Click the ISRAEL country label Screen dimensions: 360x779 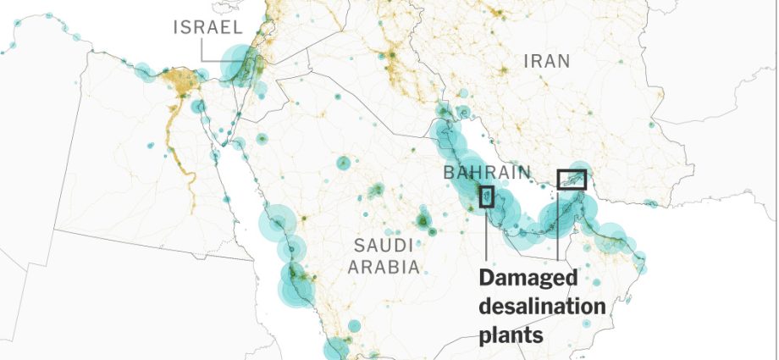click(208, 27)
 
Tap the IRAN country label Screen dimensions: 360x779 click(547, 61)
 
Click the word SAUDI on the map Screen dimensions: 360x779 click(383, 246)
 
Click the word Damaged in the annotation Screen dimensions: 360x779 click(528, 279)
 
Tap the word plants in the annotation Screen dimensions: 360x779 click(511, 335)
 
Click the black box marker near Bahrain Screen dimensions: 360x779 click(487, 197)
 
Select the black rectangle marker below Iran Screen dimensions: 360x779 click(572, 179)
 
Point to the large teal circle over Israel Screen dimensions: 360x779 click(239, 66)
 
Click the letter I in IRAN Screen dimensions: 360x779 click(527, 61)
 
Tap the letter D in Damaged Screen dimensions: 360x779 click(488, 279)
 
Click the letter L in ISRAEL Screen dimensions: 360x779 click(239, 27)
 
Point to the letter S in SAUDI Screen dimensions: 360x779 click(358, 246)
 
